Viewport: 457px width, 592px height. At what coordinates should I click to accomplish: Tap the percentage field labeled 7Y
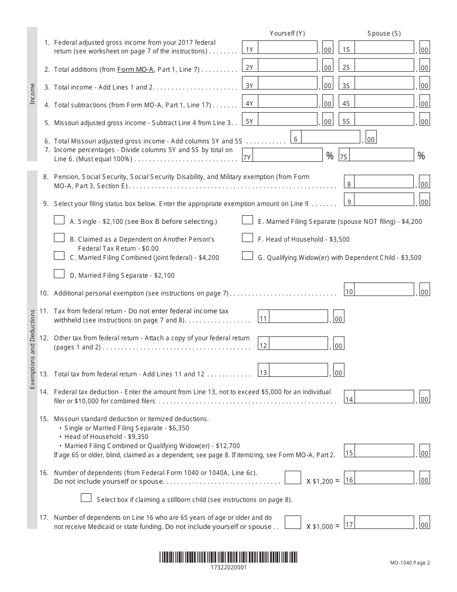click(x=287, y=155)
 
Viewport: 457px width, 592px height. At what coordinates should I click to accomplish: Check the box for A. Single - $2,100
click(x=59, y=220)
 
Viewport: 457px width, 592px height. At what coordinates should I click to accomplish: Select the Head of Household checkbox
click(x=247, y=238)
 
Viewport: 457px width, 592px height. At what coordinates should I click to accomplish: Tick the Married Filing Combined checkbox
click(x=59, y=256)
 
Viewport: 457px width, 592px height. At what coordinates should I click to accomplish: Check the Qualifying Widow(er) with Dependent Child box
click(x=247, y=256)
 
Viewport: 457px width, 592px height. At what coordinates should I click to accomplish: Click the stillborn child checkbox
click(x=87, y=498)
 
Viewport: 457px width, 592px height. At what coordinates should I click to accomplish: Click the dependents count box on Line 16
click(x=293, y=478)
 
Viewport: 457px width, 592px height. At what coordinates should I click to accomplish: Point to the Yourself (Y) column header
click(x=287, y=33)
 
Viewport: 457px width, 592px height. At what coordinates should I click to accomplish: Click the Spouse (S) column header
click(x=383, y=33)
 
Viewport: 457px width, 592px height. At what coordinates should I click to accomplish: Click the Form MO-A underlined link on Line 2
click(x=135, y=69)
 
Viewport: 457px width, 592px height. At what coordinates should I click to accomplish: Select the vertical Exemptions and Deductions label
click(x=32, y=349)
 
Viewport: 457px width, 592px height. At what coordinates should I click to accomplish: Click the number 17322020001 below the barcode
click(x=228, y=567)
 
